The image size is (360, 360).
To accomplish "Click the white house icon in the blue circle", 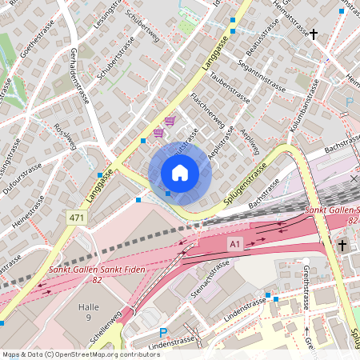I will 180,173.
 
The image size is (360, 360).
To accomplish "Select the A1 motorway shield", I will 234,242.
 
